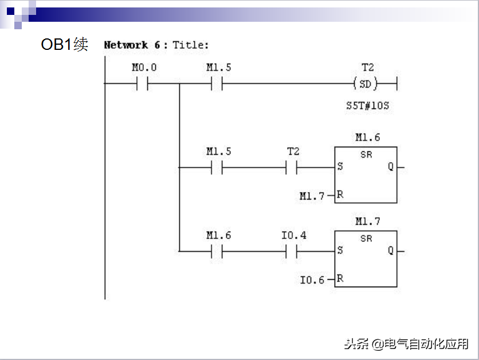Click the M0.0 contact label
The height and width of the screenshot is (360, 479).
point(144,68)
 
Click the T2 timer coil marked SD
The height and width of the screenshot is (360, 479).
point(366,84)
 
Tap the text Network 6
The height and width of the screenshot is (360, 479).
point(132,45)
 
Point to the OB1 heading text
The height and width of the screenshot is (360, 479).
point(64,44)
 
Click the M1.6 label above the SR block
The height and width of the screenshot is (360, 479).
point(367,138)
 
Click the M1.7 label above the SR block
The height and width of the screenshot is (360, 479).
point(367,221)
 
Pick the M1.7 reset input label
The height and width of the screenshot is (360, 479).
point(312,196)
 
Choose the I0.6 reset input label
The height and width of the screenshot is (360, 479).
point(312,280)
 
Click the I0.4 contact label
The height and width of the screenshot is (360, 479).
point(293,236)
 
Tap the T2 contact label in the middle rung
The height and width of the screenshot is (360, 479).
point(293,152)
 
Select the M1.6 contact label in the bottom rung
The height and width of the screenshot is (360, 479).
point(218,236)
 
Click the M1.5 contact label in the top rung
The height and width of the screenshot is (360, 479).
point(218,68)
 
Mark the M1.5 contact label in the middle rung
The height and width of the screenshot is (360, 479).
point(218,152)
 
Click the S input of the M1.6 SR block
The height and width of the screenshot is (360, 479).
point(340,167)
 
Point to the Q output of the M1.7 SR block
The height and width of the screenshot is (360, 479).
point(391,251)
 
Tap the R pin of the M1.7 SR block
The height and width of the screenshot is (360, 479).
point(340,279)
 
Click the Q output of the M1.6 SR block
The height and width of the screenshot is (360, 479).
point(391,167)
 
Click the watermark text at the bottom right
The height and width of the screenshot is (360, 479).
point(406,344)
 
